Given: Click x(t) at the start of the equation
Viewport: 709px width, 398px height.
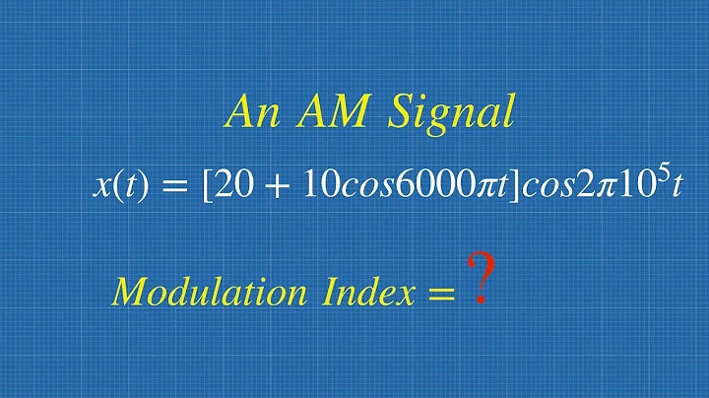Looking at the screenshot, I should click(121, 187).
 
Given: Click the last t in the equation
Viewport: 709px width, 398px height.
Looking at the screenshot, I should click(675, 187).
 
